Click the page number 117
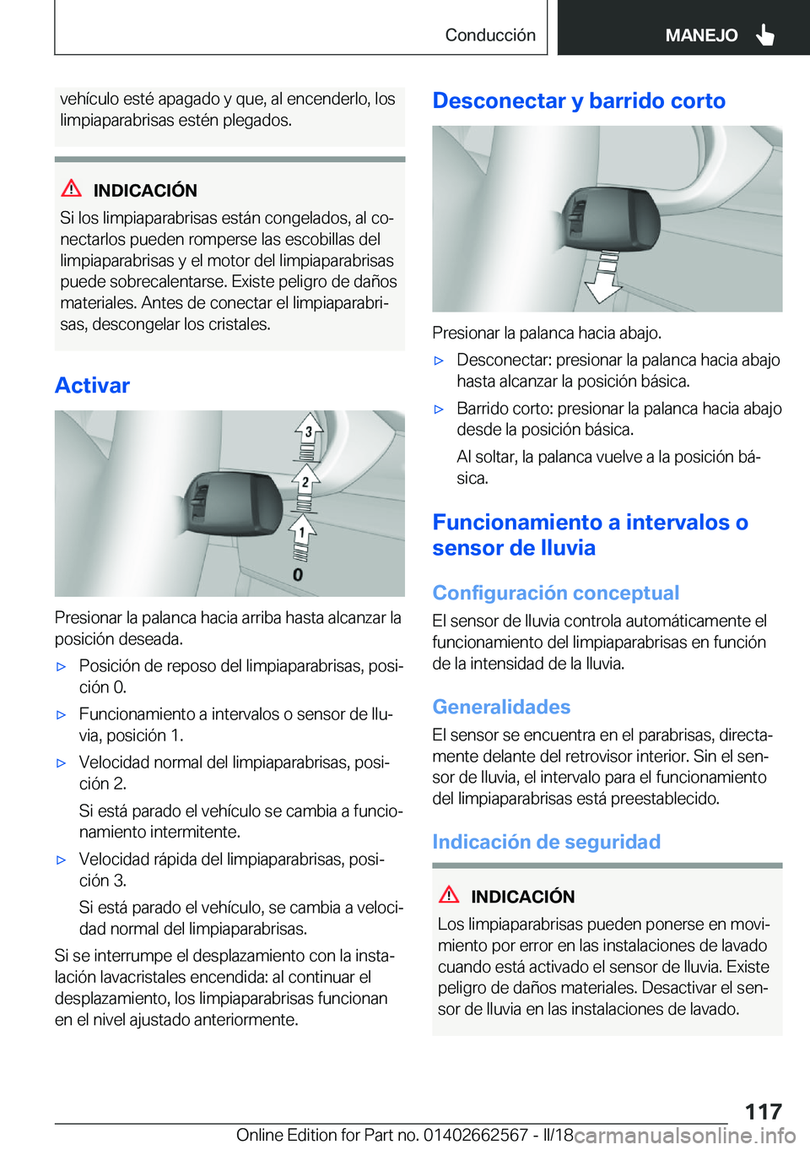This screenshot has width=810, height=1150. [763, 1110]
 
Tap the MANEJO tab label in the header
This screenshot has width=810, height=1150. [700, 35]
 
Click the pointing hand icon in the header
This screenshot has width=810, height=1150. [765, 35]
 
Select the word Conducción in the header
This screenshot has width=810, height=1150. [490, 35]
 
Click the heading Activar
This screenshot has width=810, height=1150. [93, 386]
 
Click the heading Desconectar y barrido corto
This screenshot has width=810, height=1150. [579, 101]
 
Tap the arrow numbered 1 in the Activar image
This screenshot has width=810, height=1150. [301, 531]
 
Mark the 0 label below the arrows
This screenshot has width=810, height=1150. [298, 575]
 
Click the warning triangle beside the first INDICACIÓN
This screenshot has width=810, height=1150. [72, 189]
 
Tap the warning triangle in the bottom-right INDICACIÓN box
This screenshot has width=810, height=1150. [449, 895]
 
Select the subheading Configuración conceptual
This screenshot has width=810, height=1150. [555, 593]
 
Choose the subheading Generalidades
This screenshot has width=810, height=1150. [501, 707]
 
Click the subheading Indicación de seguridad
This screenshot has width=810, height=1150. [546, 842]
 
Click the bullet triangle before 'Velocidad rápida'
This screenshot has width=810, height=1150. [61, 860]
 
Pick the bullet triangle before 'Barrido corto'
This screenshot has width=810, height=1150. [439, 410]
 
